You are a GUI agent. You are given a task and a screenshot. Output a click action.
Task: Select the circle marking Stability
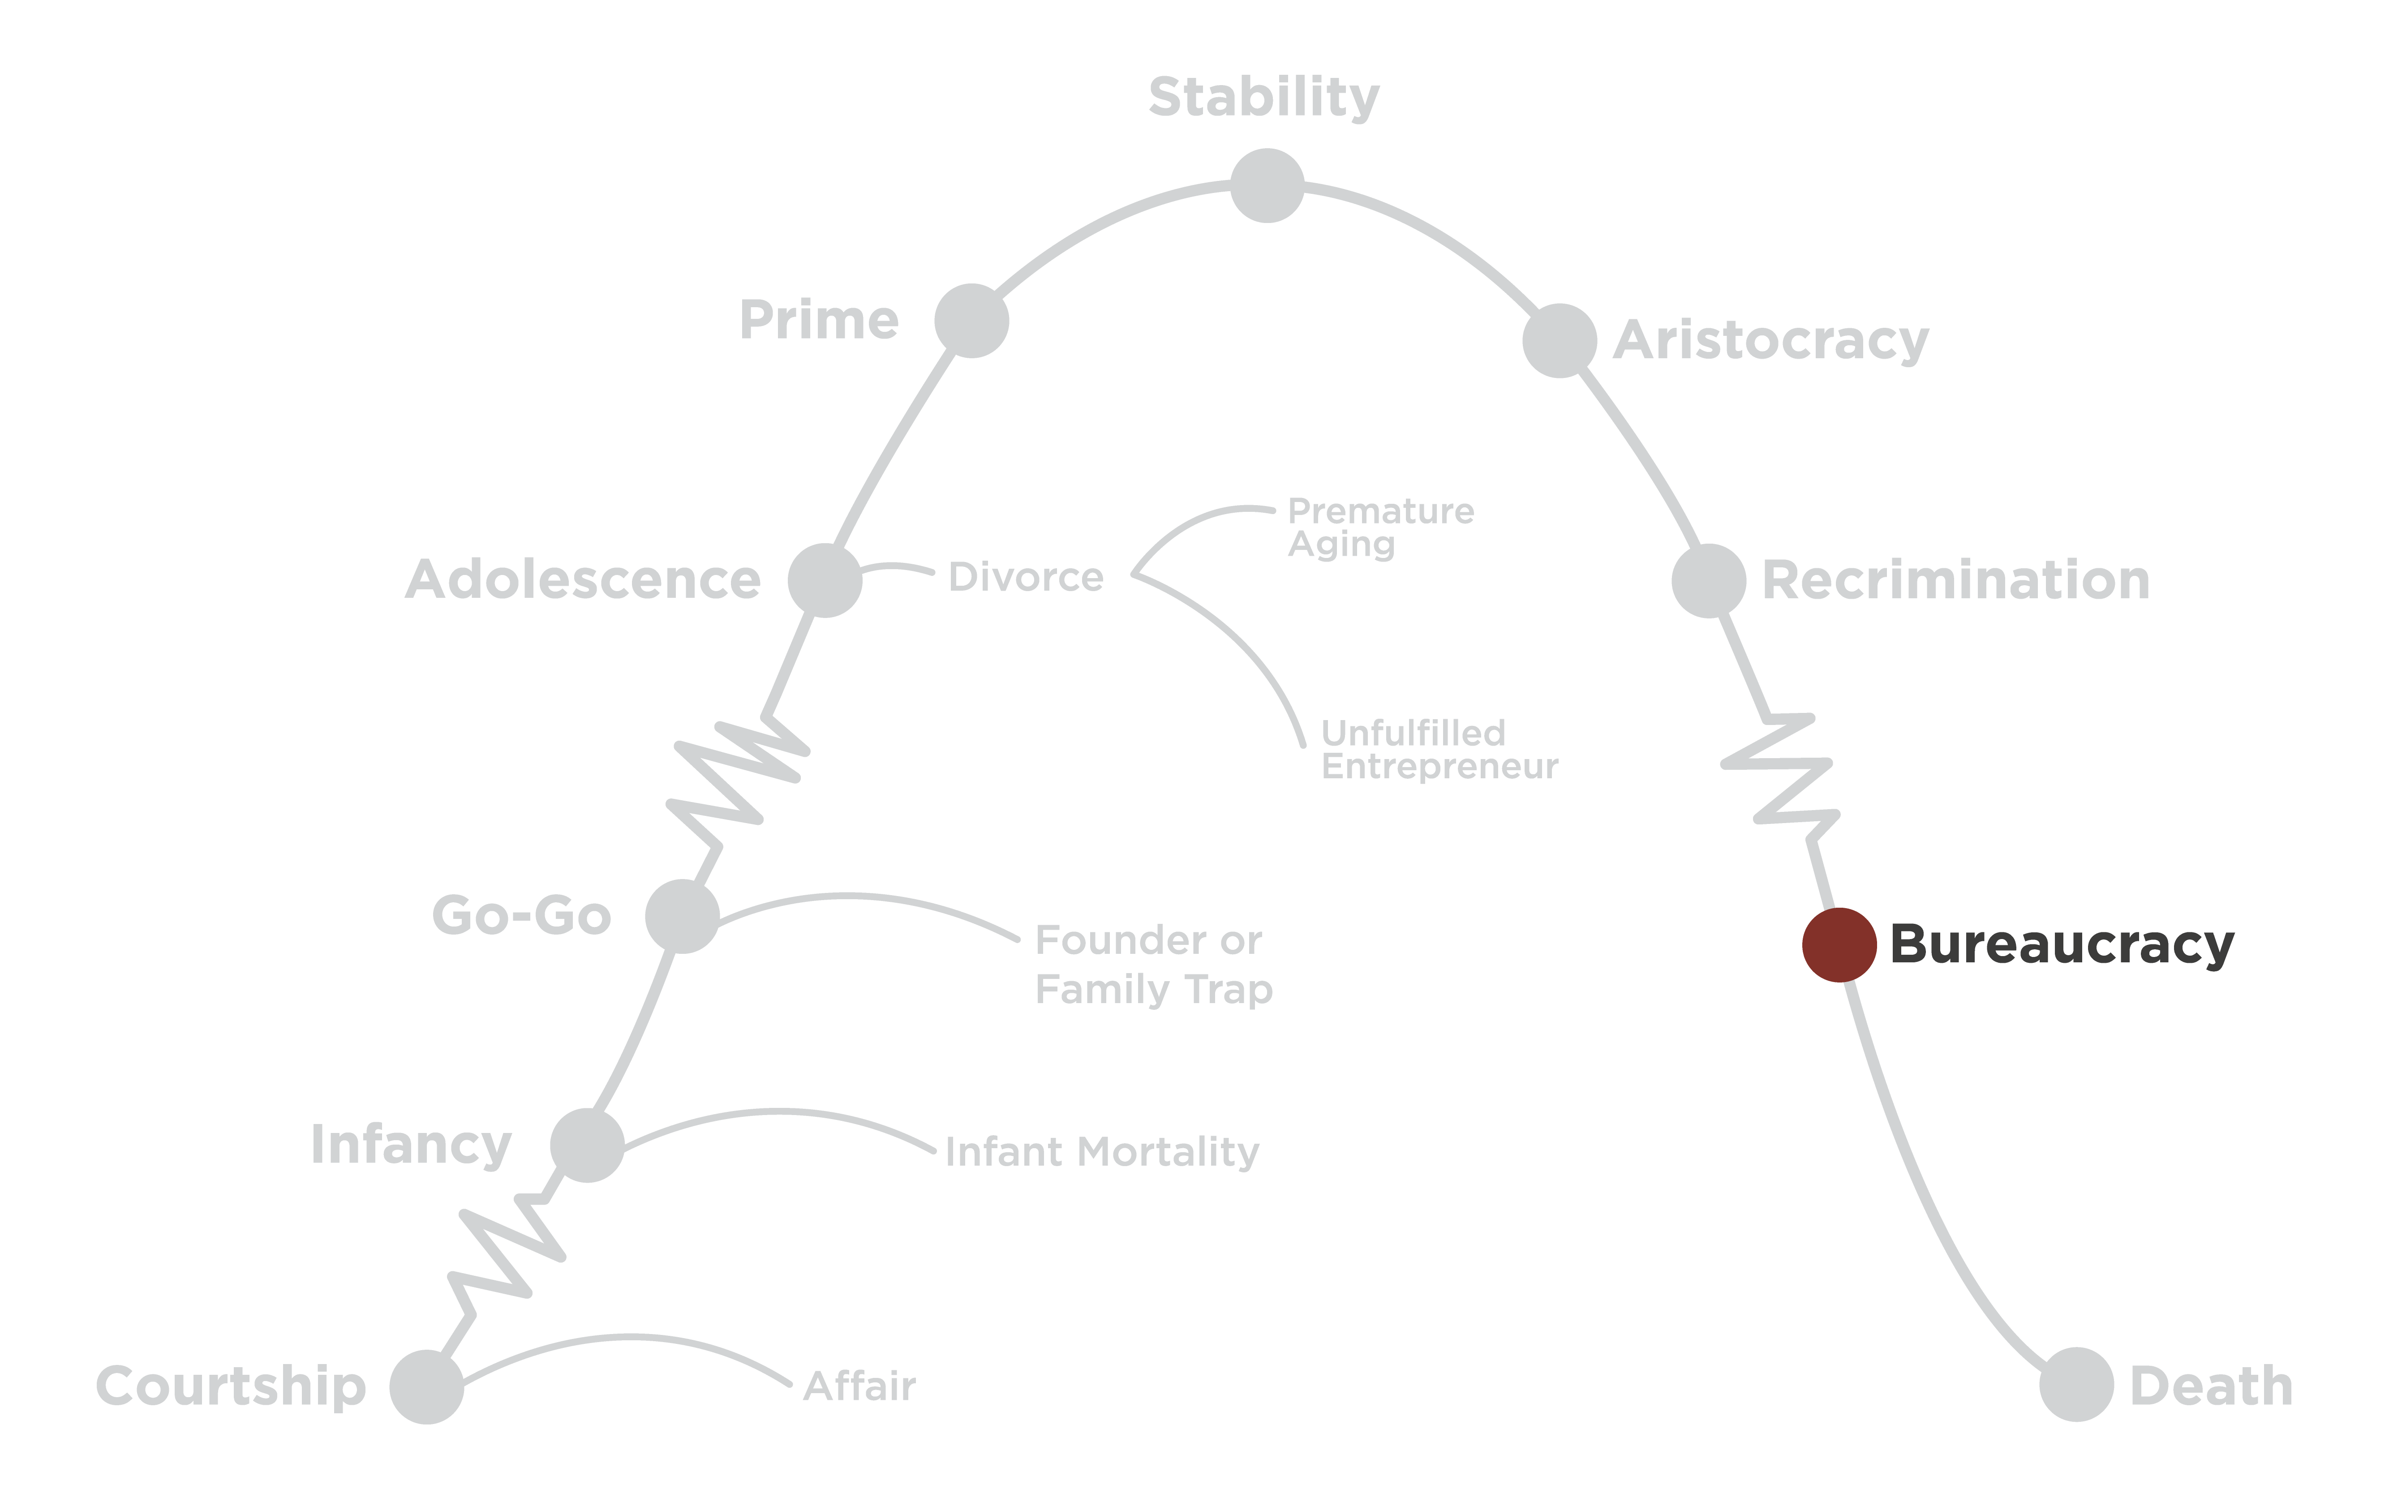point(1267,186)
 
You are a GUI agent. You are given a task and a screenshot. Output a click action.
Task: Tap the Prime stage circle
point(972,321)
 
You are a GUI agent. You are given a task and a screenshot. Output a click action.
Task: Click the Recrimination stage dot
point(1709,581)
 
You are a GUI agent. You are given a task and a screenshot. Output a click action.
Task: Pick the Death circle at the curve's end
point(2076,1384)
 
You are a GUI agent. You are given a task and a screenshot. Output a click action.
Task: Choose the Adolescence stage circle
point(825,581)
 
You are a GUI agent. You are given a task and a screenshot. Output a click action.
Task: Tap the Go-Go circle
point(683,916)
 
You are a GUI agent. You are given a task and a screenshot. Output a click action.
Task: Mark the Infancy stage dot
point(588,1145)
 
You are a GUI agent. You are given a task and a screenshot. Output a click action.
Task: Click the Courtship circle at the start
point(427,1386)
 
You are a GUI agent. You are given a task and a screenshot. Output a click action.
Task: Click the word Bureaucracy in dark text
point(2061,945)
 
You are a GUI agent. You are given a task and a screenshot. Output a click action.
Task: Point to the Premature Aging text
point(1379,527)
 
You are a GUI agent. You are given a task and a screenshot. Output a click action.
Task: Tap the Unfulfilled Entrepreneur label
point(1439,750)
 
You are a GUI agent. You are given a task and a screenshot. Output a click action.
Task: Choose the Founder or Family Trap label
point(1152,965)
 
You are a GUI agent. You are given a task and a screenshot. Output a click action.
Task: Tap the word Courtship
point(231,1386)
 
